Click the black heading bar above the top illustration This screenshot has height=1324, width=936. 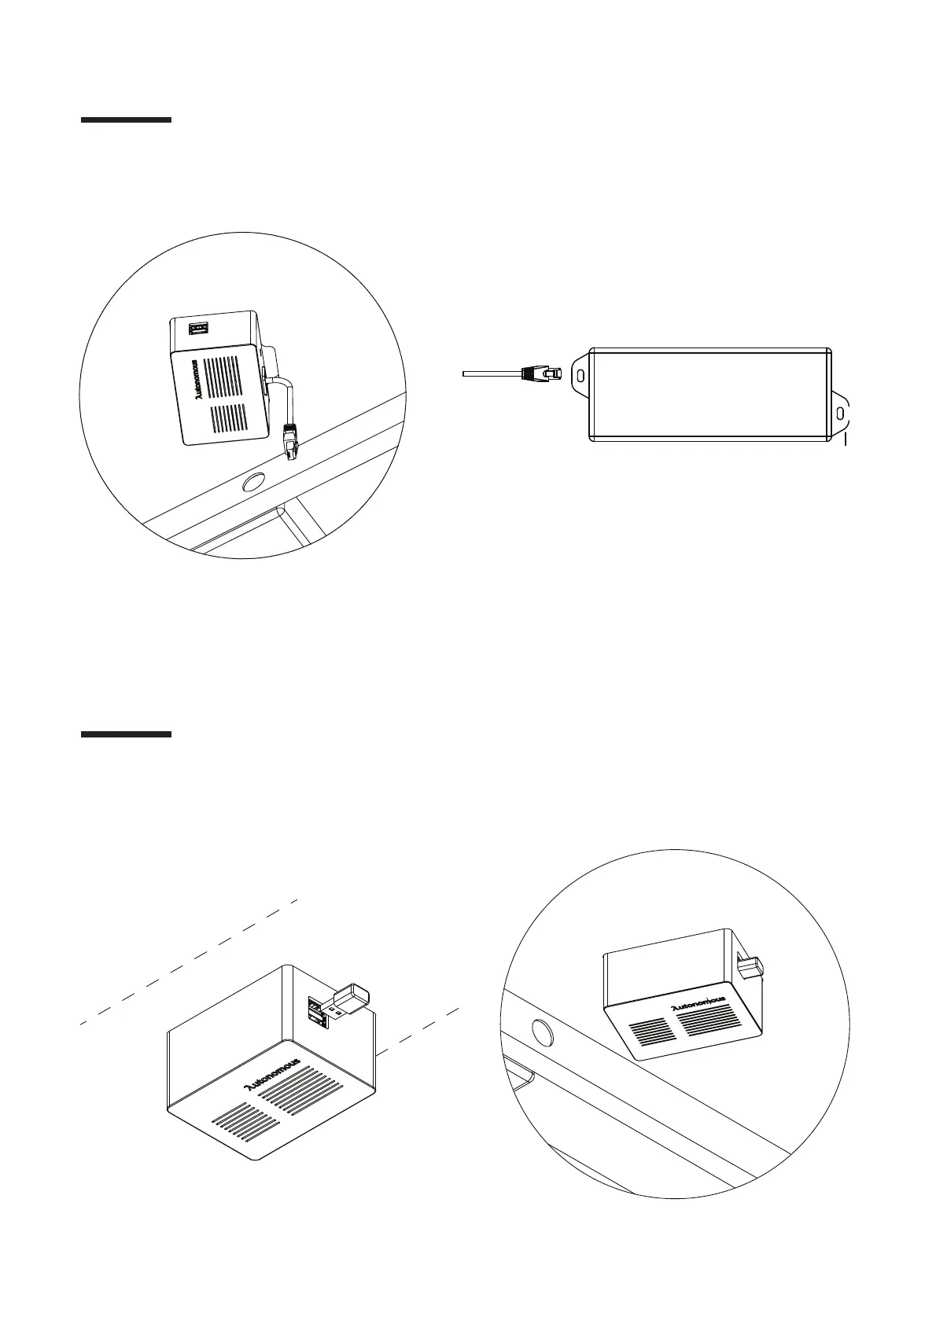[x=126, y=120]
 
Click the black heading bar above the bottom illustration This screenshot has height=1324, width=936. [x=126, y=734]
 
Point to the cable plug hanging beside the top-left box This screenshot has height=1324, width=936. [x=290, y=443]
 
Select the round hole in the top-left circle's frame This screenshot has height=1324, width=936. [x=253, y=482]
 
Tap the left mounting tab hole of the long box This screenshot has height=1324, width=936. [x=580, y=376]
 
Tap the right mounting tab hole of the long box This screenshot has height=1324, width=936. [x=840, y=414]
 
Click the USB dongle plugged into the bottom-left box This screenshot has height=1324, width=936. [x=348, y=998]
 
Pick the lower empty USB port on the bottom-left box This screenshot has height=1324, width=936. [x=316, y=1020]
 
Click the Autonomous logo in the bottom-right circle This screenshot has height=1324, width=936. [x=698, y=1003]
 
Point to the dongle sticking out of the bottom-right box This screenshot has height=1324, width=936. [x=752, y=967]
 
